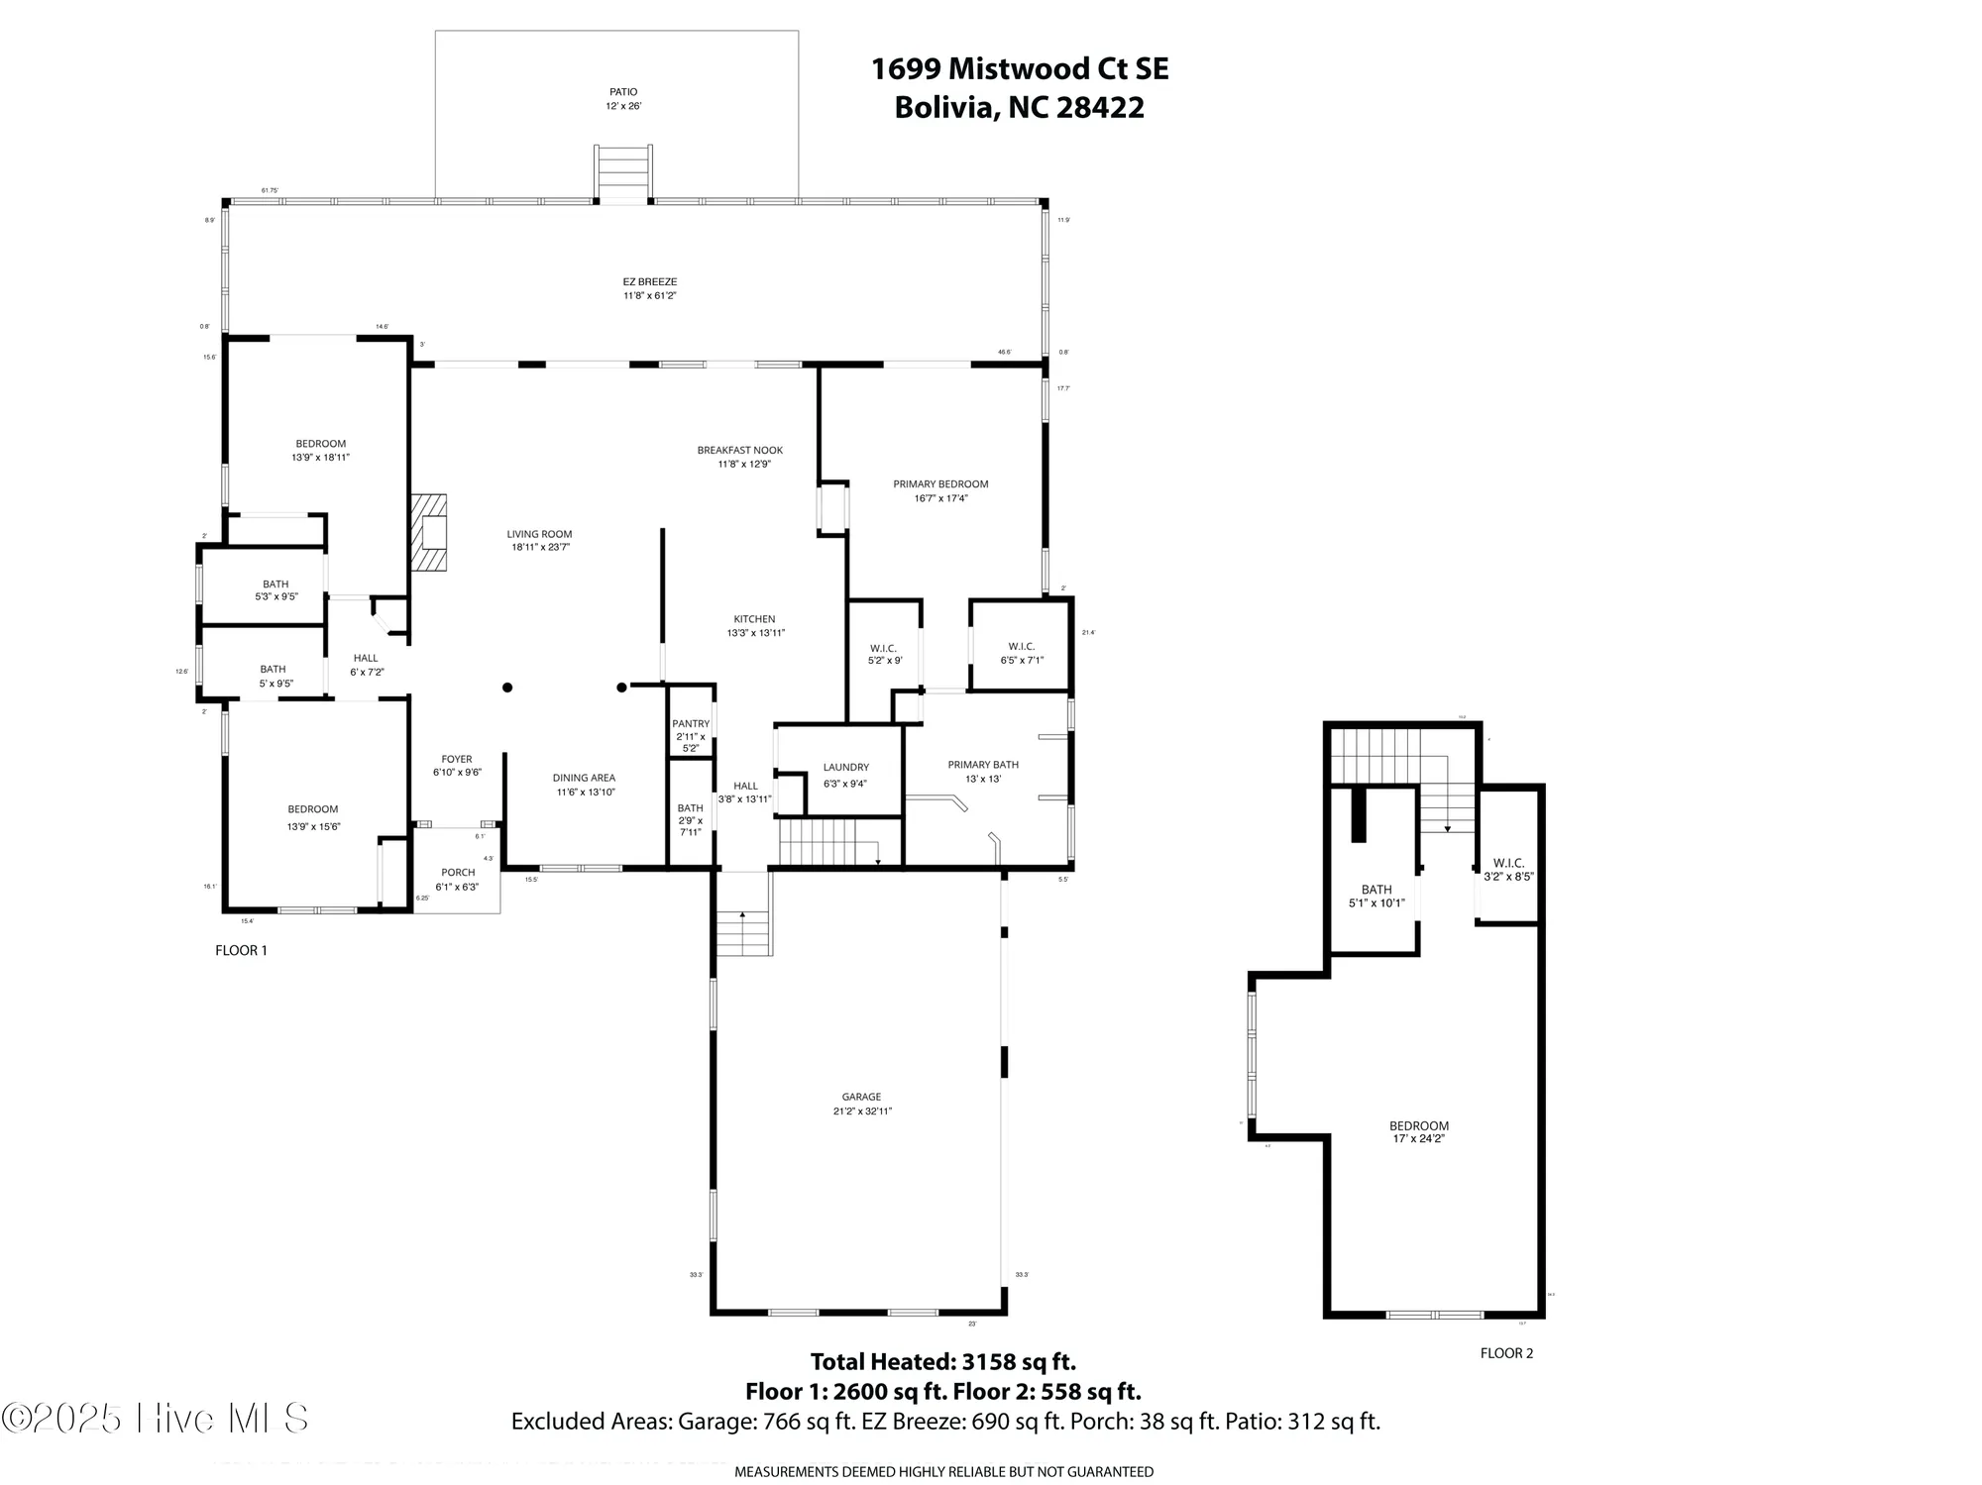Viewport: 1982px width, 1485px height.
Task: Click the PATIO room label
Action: (623, 92)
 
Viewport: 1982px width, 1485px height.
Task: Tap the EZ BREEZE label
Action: (649, 282)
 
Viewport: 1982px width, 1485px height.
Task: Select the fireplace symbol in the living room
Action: (430, 532)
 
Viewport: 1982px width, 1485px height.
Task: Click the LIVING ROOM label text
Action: (540, 534)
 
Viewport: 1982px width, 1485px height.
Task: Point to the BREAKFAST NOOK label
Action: (739, 451)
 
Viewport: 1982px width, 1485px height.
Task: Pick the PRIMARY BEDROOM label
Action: (940, 484)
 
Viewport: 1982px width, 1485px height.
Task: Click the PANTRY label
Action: (691, 724)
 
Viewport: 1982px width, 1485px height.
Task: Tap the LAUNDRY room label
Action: (845, 768)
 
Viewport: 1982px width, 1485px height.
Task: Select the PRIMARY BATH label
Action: (982, 765)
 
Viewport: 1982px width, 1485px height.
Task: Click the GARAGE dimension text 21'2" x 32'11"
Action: (862, 1112)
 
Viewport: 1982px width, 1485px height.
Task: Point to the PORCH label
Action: (458, 873)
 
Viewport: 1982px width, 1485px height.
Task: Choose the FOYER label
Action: (457, 760)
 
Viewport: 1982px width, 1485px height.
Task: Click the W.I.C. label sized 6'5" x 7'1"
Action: (1021, 647)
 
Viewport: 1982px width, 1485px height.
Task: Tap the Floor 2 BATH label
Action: (1376, 890)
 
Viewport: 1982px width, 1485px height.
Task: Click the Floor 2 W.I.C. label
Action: (1508, 863)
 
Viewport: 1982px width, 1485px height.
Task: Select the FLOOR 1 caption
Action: (241, 951)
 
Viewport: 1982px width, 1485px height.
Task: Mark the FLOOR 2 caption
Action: (1506, 1353)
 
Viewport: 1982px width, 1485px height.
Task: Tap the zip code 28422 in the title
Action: (1100, 107)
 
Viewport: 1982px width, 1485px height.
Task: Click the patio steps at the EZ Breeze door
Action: (622, 173)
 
